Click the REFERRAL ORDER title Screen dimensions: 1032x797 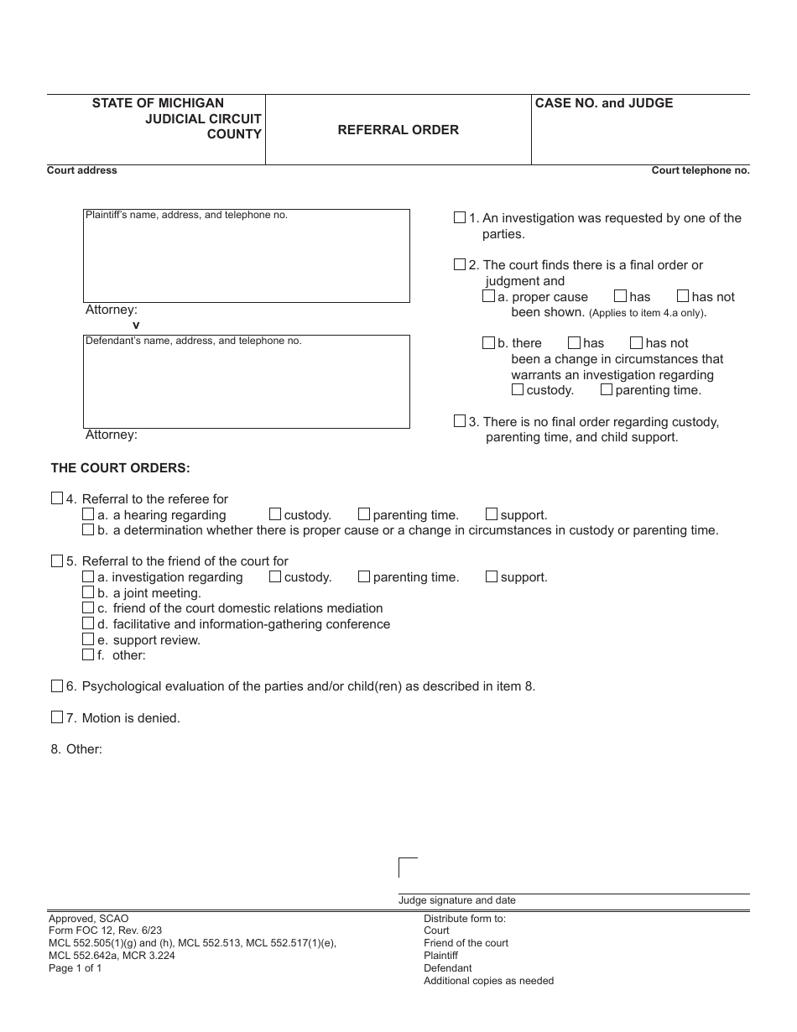point(398,130)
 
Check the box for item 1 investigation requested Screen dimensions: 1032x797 point(460,217)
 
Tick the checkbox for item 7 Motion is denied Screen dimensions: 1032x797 point(57,717)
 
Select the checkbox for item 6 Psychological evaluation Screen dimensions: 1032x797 point(57,685)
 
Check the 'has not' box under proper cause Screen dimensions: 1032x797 point(683,296)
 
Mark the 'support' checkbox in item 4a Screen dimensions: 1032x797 point(492,514)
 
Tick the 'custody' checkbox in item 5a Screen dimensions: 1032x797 point(275,576)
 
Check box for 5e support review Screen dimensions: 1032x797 point(88,639)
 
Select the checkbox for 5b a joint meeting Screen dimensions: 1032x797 point(88,592)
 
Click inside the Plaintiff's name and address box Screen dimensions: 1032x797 point(246,260)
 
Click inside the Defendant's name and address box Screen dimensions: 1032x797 point(246,386)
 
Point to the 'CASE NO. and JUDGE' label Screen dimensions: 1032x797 point(604,103)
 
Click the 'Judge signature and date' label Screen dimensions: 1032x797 point(457,900)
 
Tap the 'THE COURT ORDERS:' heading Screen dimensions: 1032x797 point(121,468)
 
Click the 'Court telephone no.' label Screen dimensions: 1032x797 point(701,170)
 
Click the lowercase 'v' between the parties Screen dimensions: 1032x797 point(136,325)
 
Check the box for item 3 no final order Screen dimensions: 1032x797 point(460,421)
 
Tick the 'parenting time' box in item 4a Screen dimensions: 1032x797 point(364,514)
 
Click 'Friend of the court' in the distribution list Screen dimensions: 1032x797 point(466,943)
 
